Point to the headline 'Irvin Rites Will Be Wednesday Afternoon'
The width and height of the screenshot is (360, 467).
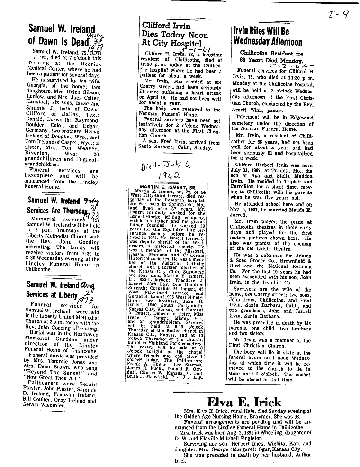point(268,36)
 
